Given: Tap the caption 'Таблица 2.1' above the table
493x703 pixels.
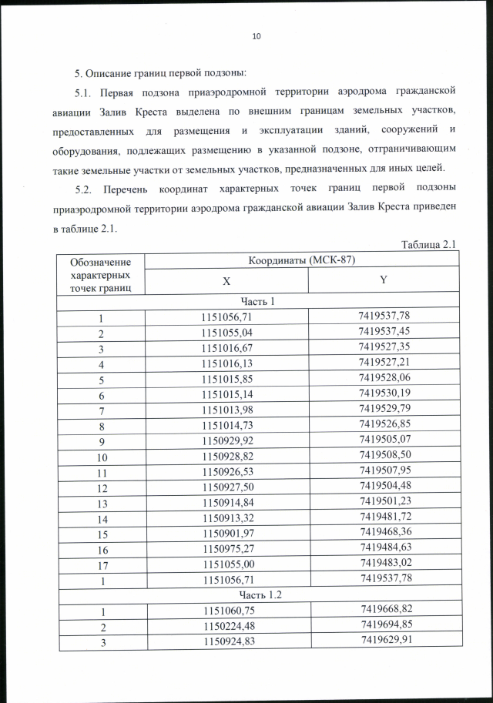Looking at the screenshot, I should click(x=431, y=244).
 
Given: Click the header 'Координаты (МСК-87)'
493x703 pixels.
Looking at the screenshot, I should click(x=302, y=260).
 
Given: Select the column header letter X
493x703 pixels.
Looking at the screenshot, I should click(x=226, y=283).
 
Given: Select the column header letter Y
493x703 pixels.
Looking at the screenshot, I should click(x=383, y=281).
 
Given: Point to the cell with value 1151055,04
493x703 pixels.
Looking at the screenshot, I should click(x=226, y=333).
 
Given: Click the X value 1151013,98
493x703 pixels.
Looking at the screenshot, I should click(x=226, y=407).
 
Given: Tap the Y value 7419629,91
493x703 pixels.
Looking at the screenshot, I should click(x=384, y=643).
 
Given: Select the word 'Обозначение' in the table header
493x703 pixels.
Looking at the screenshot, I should click(x=100, y=263).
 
